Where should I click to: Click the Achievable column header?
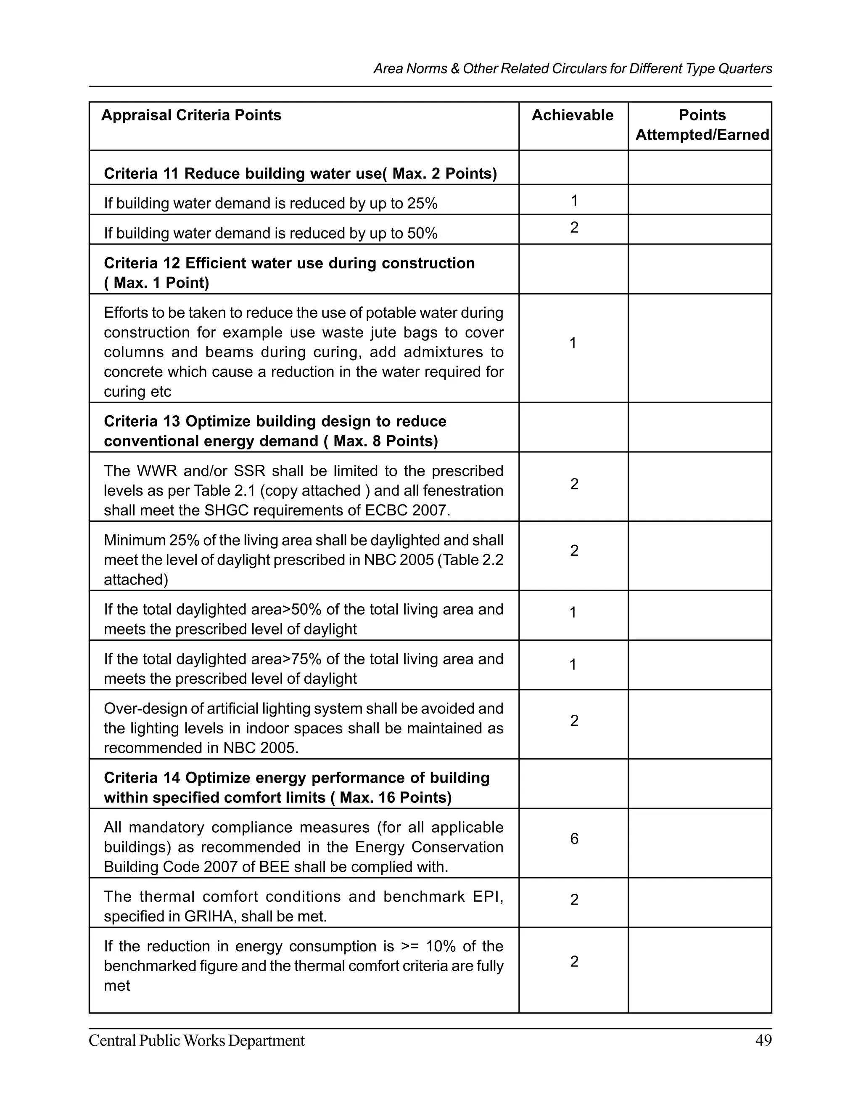point(572,115)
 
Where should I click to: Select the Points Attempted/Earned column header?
point(702,125)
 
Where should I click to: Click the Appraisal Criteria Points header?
point(191,115)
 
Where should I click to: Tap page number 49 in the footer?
point(763,1041)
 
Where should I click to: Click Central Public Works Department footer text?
point(196,1041)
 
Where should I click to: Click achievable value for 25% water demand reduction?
point(574,201)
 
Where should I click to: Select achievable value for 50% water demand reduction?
point(574,227)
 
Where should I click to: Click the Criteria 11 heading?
point(300,174)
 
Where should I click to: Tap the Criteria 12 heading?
point(289,273)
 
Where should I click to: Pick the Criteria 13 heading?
point(275,431)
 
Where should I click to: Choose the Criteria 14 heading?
point(296,787)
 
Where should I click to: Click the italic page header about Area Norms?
point(572,69)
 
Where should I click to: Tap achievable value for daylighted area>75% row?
point(573,664)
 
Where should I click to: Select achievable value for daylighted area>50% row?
point(573,612)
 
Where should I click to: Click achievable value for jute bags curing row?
point(573,343)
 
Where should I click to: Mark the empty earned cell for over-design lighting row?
point(699,724)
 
